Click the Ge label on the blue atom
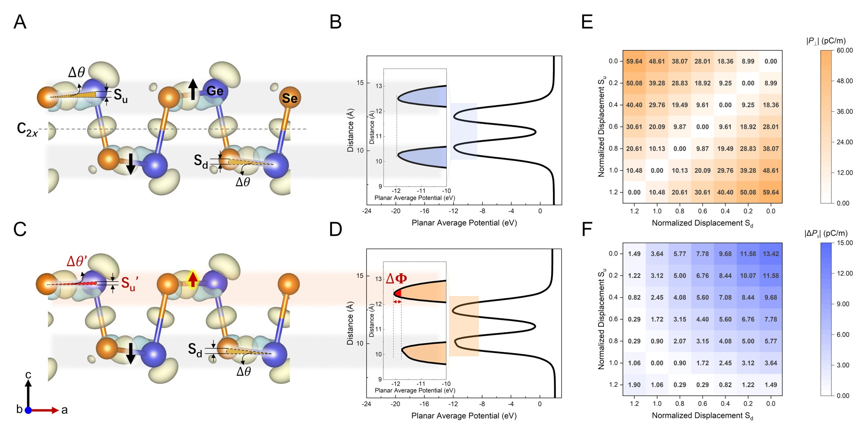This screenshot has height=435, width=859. [215, 91]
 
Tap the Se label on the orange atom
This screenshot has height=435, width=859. [290, 98]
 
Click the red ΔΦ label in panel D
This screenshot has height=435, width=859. [397, 278]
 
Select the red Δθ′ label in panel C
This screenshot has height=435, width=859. [77, 261]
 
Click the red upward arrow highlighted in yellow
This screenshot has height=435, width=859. [192, 279]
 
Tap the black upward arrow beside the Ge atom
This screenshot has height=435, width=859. [193, 89]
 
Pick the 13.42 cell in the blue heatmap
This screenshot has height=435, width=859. [771, 254]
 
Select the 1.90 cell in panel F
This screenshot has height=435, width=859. [634, 385]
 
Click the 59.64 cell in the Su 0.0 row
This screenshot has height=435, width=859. [634, 62]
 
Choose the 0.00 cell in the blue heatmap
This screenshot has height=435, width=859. [657, 363]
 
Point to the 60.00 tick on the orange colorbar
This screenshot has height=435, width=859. [845, 50]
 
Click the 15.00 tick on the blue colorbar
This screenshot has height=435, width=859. [845, 243]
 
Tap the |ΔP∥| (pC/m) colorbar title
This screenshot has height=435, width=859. [826, 233]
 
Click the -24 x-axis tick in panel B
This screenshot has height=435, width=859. [367, 211]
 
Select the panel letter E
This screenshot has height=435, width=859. [587, 21]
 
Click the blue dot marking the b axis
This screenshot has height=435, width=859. [28, 410]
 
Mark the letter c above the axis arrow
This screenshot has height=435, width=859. [28, 375]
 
